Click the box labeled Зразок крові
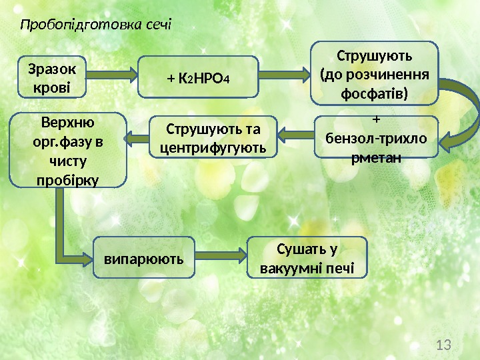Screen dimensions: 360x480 point(53,77)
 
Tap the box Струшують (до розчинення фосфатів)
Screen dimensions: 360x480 point(375,73)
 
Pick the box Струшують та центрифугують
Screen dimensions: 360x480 point(212,137)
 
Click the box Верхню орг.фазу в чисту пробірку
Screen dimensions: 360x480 point(68,150)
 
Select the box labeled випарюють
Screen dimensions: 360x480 point(143,255)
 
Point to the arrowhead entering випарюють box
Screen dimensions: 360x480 point(88,255)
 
